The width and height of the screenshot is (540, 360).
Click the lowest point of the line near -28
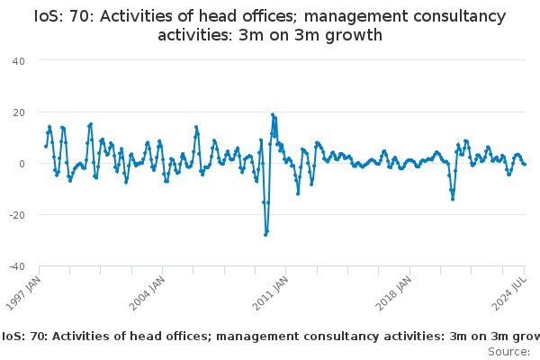coord(265,234)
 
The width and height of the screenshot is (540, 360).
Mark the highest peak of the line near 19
coord(273,114)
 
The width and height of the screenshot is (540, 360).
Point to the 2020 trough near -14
coord(453,199)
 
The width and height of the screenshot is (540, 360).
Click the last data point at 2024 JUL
coord(525,164)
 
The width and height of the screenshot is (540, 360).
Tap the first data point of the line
coord(45,147)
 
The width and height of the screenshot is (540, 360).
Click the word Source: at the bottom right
coord(509,351)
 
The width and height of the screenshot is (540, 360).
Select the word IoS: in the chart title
coord(53,17)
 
